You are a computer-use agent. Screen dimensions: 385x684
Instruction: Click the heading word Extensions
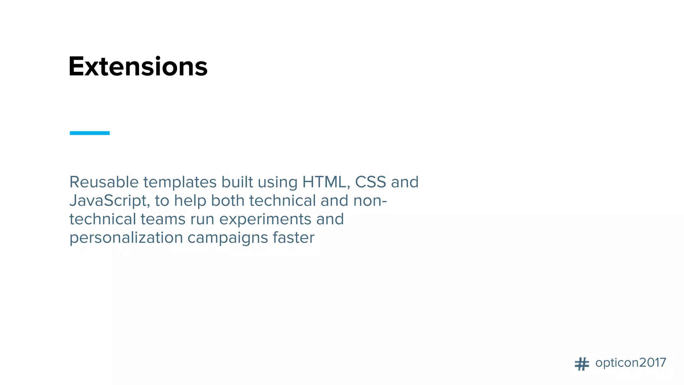click(138, 67)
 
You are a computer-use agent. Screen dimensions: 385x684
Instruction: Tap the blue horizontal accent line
click(90, 133)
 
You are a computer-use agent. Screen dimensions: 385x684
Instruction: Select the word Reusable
click(104, 182)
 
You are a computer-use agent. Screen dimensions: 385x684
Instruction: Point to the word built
click(237, 182)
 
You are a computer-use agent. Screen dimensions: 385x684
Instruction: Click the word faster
click(294, 238)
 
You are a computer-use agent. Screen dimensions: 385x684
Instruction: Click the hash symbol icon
click(582, 364)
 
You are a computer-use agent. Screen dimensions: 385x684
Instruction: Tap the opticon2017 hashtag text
click(631, 363)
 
